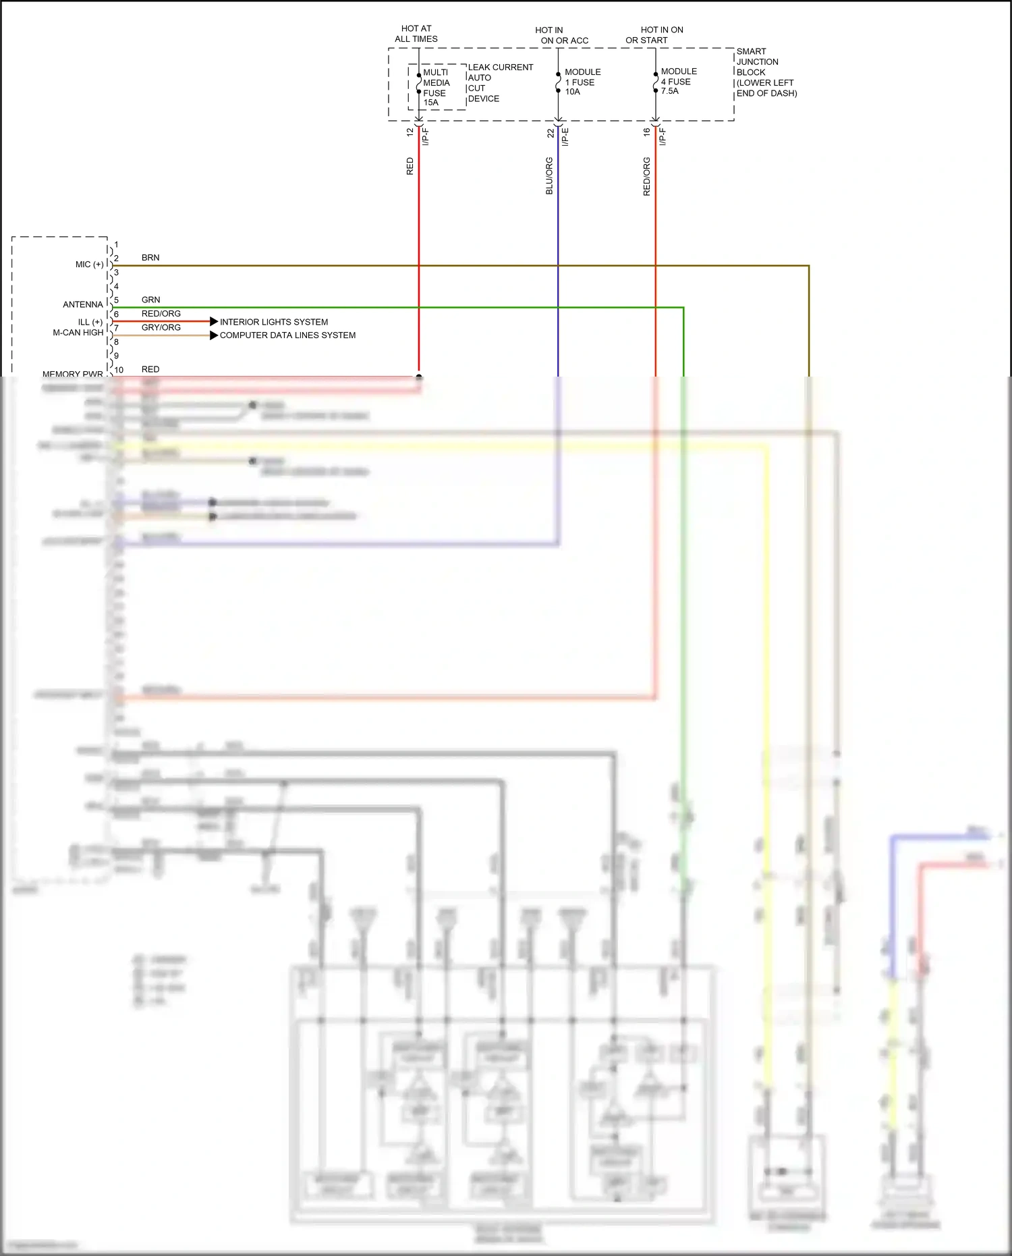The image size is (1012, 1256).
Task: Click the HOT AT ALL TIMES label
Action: [x=416, y=34]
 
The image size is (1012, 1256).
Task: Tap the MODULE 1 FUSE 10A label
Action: [x=582, y=82]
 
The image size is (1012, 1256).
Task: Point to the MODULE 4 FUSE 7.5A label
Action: [x=678, y=81]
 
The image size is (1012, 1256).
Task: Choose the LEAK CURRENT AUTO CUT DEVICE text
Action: [x=499, y=82]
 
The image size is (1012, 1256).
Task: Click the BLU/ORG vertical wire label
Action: [x=549, y=176]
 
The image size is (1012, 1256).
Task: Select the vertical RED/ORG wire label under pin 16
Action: [x=646, y=177]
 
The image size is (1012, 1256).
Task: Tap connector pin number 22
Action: [x=551, y=133]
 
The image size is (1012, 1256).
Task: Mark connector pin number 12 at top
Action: [x=410, y=132]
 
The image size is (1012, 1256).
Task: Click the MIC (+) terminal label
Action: [x=89, y=265]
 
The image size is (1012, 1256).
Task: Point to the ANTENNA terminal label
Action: [x=83, y=304]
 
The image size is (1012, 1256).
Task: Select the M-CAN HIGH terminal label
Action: [x=78, y=333]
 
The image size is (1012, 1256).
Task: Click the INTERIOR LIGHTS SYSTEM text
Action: [x=274, y=322]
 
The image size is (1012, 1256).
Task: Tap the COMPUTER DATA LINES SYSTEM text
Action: [x=287, y=335]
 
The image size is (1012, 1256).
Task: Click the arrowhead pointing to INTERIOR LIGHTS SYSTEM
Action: [x=214, y=321]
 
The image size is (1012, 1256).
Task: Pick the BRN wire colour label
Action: [x=150, y=258]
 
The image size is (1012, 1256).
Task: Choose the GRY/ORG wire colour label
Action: [x=161, y=327]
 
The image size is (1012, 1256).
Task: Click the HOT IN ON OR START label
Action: [x=654, y=35]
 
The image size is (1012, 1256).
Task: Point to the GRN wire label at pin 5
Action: [x=150, y=300]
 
